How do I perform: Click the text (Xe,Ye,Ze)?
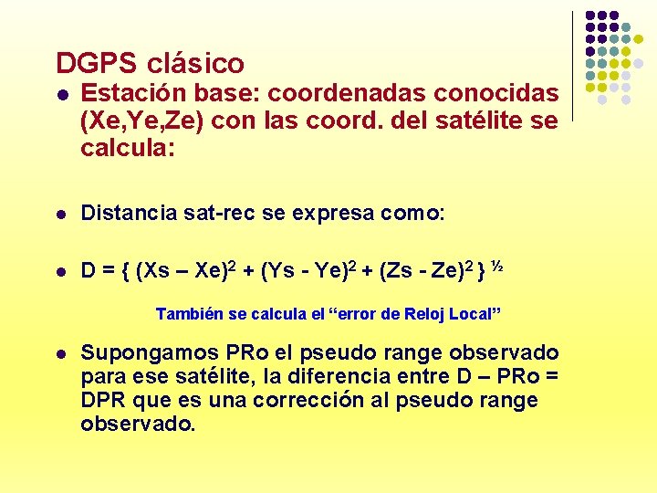click(137, 121)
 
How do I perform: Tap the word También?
click(189, 314)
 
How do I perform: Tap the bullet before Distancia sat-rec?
click(60, 215)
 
